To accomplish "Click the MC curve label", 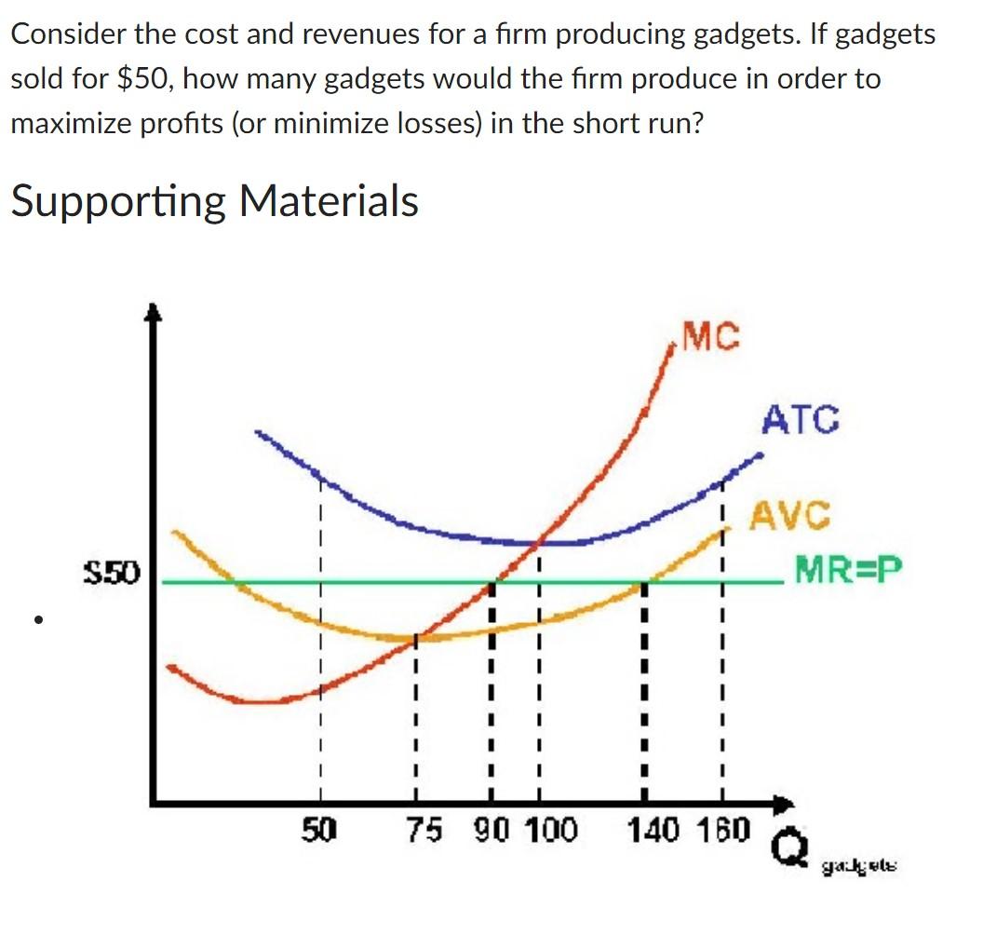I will point(711,337).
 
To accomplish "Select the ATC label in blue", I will point(801,420).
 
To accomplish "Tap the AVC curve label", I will point(790,514).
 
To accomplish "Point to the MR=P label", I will point(848,567).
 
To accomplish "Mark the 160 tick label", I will point(720,828).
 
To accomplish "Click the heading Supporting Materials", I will point(215,200).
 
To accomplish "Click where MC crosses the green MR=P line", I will point(493,583).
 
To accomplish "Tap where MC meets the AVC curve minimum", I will point(415,638).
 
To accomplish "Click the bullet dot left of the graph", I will point(38,618).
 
